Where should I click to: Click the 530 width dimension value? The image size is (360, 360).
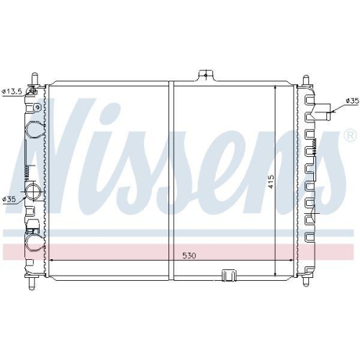189,256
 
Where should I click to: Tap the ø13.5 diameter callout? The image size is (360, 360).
13,91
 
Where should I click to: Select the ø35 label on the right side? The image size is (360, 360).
351,100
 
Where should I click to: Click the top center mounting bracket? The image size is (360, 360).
206,76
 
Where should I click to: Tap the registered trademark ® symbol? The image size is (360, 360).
350,135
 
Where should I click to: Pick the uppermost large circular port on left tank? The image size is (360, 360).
34,130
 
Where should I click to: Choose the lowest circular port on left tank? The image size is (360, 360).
33,243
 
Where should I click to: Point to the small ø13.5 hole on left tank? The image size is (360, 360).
32,92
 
